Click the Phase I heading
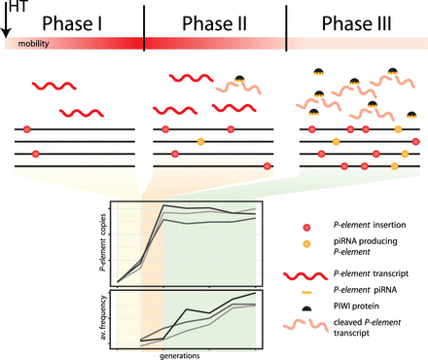click(x=73, y=19)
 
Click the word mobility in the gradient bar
click(x=32, y=45)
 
